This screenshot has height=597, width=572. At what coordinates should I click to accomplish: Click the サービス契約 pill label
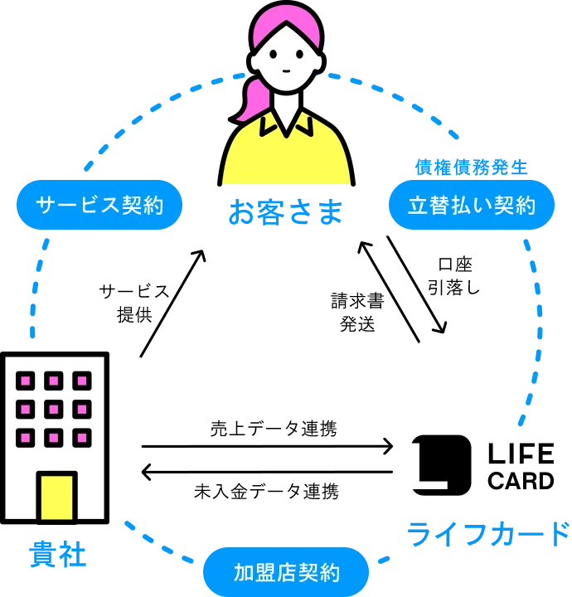[x=99, y=205]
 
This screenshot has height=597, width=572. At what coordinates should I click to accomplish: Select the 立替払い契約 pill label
[x=472, y=205]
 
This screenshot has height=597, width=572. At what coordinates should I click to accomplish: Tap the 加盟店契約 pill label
[x=286, y=572]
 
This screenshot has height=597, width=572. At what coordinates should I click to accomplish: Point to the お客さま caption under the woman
[x=285, y=211]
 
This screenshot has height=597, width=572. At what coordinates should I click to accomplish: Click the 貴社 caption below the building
[x=56, y=553]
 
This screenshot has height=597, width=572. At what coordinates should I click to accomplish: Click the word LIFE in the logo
[x=521, y=454]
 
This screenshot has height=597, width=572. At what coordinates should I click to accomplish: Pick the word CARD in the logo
[x=521, y=481]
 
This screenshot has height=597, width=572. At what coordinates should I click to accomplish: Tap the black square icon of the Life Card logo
[x=441, y=465]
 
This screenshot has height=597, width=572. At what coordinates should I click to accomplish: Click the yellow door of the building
[x=56, y=496]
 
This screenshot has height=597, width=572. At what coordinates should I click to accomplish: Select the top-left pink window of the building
[x=26, y=381]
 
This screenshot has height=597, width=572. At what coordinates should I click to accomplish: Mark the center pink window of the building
[x=54, y=409]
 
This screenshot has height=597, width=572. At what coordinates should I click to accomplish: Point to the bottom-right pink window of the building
[x=82, y=437]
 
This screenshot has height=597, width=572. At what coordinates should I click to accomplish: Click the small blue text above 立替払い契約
[x=471, y=168]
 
